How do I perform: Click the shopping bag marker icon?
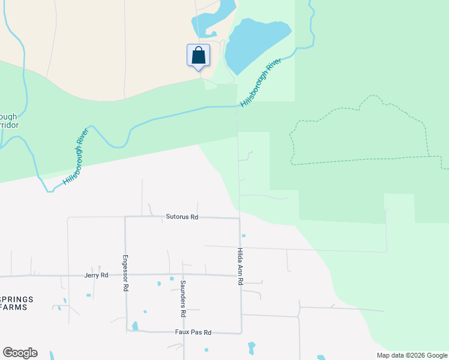pyautogui.click(x=199, y=56)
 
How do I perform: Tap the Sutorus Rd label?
pyautogui.click(x=182, y=217)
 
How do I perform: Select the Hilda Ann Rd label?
pyautogui.click(x=240, y=266)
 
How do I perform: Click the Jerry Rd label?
pyautogui.click(x=96, y=275)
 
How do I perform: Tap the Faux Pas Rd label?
pyautogui.click(x=193, y=332)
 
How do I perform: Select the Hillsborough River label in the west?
pyautogui.click(x=76, y=155)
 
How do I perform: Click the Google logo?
pyautogui.click(x=20, y=353)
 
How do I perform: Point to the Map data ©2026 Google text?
pyautogui.click(x=411, y=355)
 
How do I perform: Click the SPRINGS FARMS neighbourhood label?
pyautogui.click(x=17, y=303)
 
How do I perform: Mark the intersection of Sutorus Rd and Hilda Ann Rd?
pyautogui.click(x=240, y=218)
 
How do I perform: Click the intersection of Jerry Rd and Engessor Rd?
pyautogui.click(x=125, y=275)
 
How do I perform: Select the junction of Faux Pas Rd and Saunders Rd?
pyautogui.click(x=184, y=332)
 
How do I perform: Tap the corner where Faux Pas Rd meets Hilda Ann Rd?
pyautogui.click(x=241, y=332)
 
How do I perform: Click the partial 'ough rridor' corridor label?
pyautogui.click(x=10, y=121)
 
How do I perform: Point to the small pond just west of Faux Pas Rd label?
pyautogui.click(x=134, y=326)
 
